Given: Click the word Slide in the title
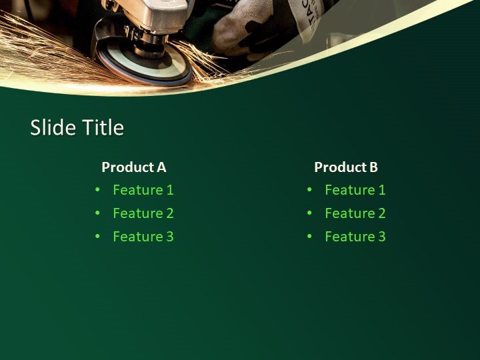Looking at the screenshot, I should click(x=53, y=127).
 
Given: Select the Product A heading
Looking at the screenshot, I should click(x=133, y=167).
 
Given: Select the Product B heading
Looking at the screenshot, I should click(x=346, y=167).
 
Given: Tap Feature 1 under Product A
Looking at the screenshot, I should click(x=143, y=190).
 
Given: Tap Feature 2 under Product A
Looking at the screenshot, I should click(x=143, y=213).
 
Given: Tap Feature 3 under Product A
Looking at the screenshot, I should click(x=143, y=237).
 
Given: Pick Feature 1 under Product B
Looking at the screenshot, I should click(x=355, y=190).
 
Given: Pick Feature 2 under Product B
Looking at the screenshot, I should click(x=355, y=213).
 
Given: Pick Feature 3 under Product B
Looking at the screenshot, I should click(x=355, y=237).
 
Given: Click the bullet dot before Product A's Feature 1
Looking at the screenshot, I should click(x=97, y=190).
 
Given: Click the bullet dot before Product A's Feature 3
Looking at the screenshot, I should click(x=97, y=237).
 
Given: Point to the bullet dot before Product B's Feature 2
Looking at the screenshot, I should click(x=309, y=213).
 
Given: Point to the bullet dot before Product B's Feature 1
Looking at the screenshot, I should click(x=309, y=190).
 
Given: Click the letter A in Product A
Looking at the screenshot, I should click(x=161, y=167).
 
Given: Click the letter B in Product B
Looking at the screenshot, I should click(x=373, y=167).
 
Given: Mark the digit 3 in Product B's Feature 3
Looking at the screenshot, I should click(x=381, y=237).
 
